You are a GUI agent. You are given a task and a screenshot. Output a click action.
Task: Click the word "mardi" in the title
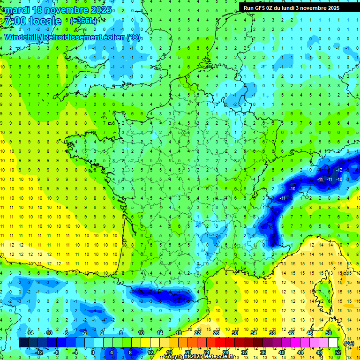pyautogui.click(x=18, y=10)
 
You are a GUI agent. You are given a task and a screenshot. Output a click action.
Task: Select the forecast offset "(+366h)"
pyautogui.click(x=83, y=21)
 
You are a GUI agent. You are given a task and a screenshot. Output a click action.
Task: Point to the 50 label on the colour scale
pyautogui.click(x=328, y=333)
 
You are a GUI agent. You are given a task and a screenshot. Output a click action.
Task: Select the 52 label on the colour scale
pyautogui.click(x=337, y=352)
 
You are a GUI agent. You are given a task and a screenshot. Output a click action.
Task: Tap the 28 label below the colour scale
pyautogui.click(x=225, y=352)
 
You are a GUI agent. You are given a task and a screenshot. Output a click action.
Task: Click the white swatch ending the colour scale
pyautogui.click(x=333, y=343)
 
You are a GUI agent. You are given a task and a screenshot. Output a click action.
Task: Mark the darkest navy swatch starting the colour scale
pyautogui.click(x=23, y=343)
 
